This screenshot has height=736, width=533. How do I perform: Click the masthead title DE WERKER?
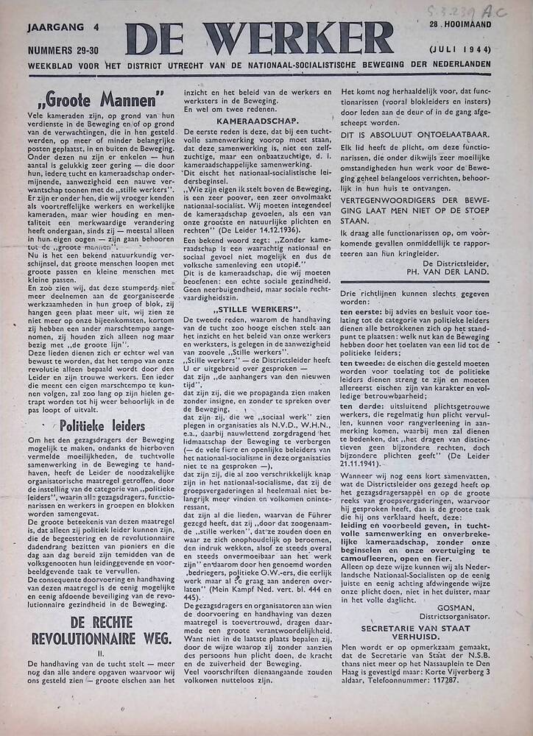259,38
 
